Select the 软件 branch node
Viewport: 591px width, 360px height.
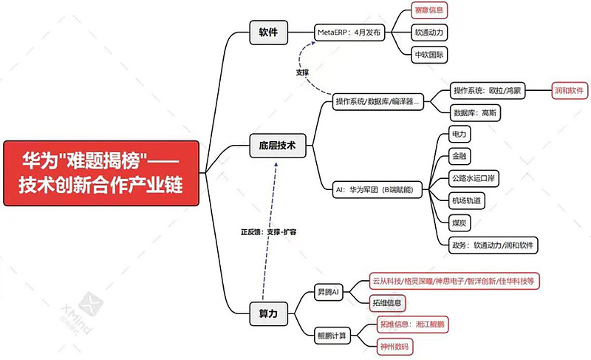268,33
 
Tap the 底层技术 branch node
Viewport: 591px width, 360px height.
277,146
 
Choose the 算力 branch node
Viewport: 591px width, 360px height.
268,313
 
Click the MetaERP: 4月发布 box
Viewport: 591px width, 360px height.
349,33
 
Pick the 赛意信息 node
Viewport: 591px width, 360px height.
429,10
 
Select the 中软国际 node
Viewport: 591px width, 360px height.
429,55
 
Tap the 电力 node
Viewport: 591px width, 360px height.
460,135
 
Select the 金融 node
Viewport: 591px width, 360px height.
460,157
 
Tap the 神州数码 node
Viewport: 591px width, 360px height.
394,345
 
